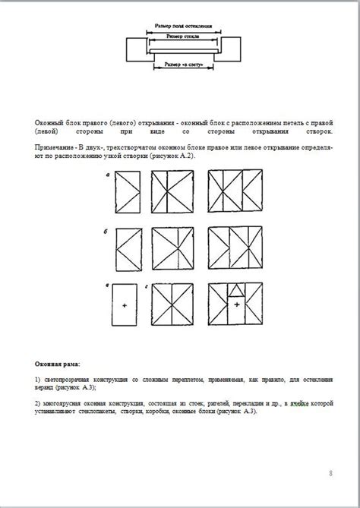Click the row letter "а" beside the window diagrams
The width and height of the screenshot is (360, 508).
click(x=108, y=175)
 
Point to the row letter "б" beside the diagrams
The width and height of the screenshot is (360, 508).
click(x=108, y=229)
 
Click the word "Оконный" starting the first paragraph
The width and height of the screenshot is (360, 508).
click(x=49, y=121)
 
